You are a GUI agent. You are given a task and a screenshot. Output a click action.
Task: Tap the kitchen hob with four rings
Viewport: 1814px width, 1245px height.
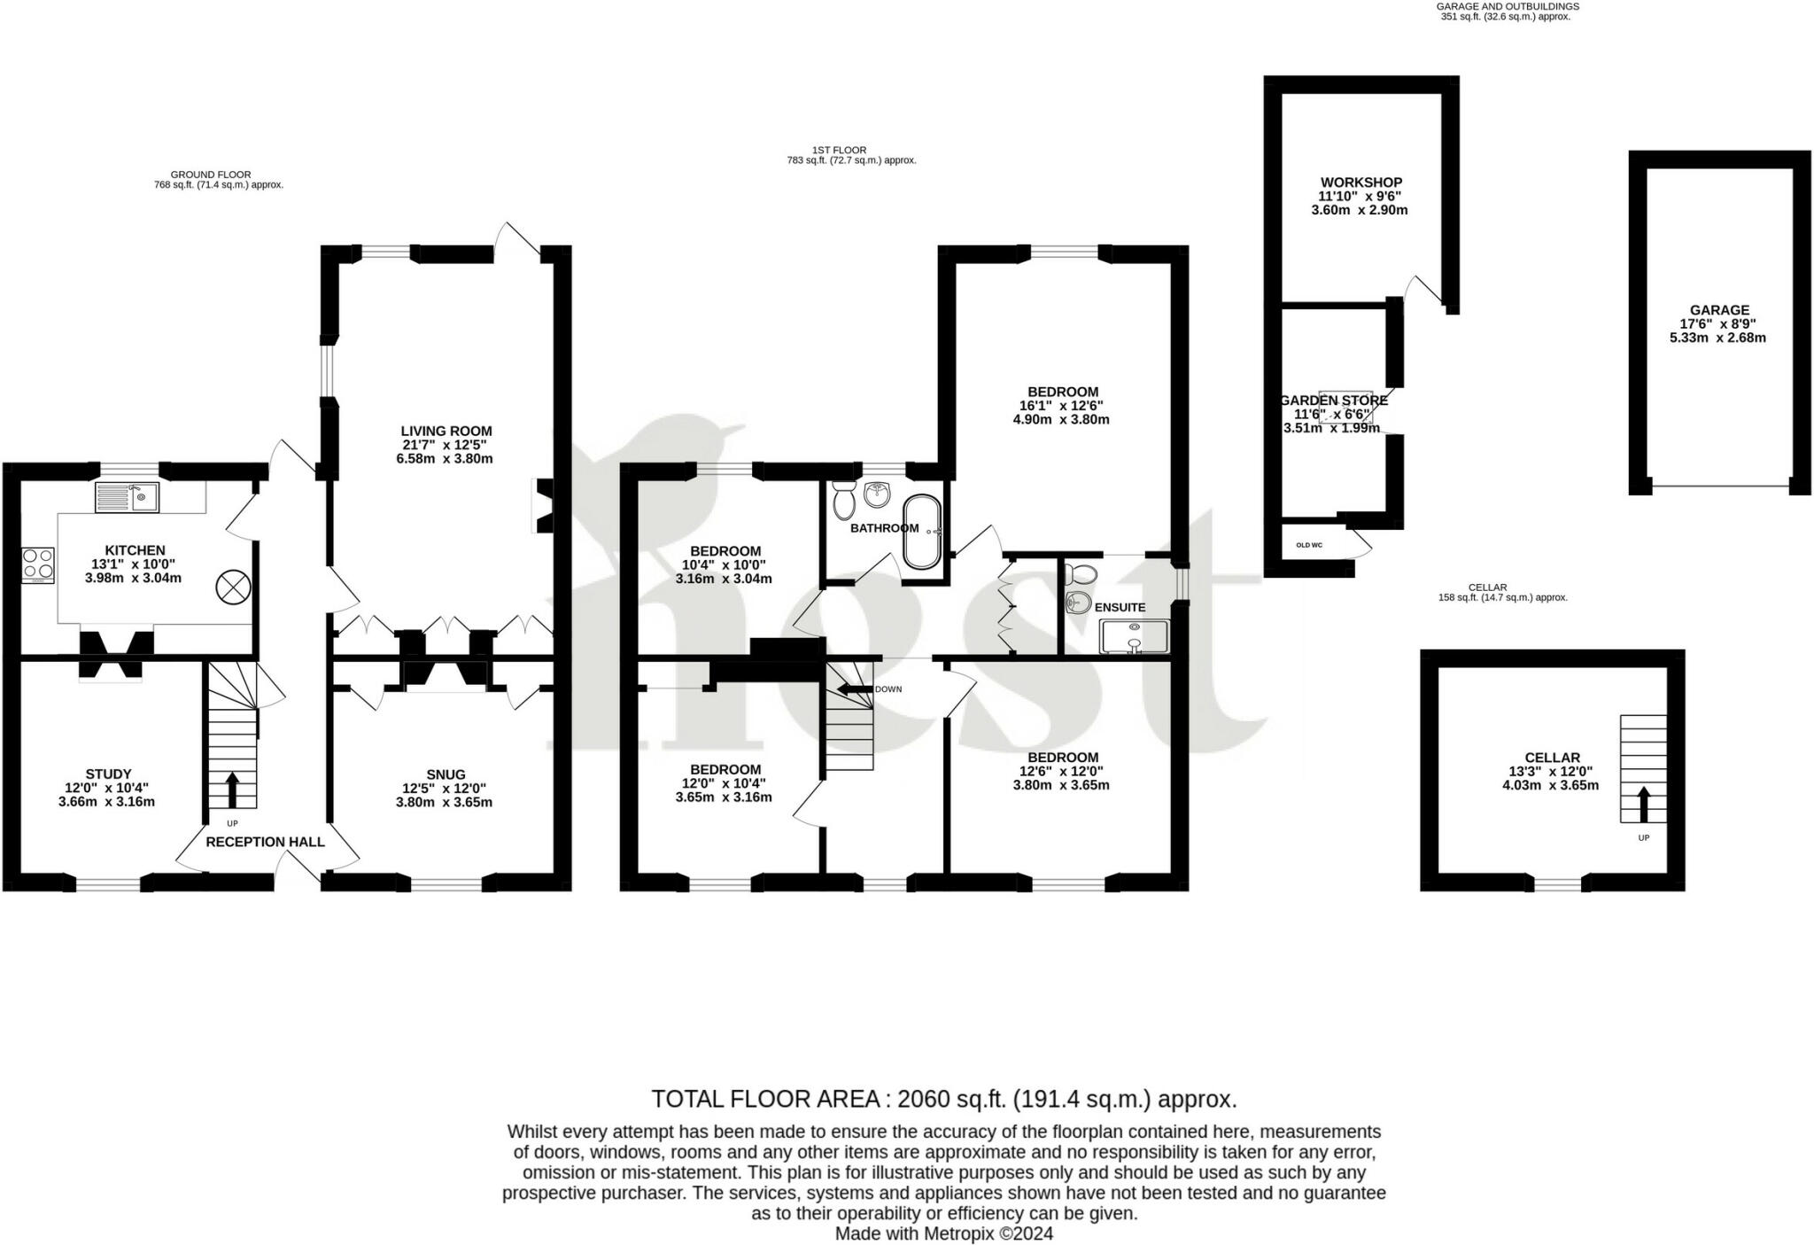coord(38,564)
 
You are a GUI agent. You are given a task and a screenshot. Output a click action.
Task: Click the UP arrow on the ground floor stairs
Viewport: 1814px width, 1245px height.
coord(232,789)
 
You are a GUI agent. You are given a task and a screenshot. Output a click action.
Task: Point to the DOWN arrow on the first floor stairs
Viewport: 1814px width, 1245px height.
coord(854,689)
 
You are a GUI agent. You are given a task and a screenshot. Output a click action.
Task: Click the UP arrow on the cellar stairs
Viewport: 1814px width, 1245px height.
coord(1643,805)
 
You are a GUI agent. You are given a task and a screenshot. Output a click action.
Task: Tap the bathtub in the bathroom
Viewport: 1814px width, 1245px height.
coord(922,531)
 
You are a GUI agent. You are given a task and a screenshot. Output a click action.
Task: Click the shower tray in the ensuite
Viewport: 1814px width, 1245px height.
coord(1134,637)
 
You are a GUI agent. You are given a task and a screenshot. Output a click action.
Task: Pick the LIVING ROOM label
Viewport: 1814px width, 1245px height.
coord(446,432)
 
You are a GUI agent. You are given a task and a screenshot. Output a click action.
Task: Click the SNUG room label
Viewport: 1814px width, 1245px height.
coord(445,774)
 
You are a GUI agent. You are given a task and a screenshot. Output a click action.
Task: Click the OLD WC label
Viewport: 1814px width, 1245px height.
coord(1308,545)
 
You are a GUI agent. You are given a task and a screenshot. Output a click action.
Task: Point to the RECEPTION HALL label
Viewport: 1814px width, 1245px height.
coord(265,842)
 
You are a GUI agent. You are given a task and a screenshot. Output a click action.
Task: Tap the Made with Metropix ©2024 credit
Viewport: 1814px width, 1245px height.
coord(943,1233)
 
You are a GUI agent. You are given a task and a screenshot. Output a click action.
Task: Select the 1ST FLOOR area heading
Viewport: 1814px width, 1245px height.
coord(839,150)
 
